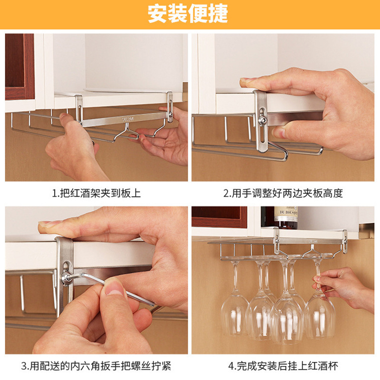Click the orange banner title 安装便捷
[x=188, y=14]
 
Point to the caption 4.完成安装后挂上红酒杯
[x=283, y=366]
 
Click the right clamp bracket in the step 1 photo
[x=170, y=106]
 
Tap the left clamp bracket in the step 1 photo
[x=79, y=110]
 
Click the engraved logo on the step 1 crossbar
[x=128, y=120]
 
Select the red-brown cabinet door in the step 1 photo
[x=20, y=66]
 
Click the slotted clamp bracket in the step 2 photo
[x=261, y=121]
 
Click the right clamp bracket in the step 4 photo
[x=345, y=241]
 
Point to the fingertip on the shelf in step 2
[x=245, y=82]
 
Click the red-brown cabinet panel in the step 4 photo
[x=219, y=217]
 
